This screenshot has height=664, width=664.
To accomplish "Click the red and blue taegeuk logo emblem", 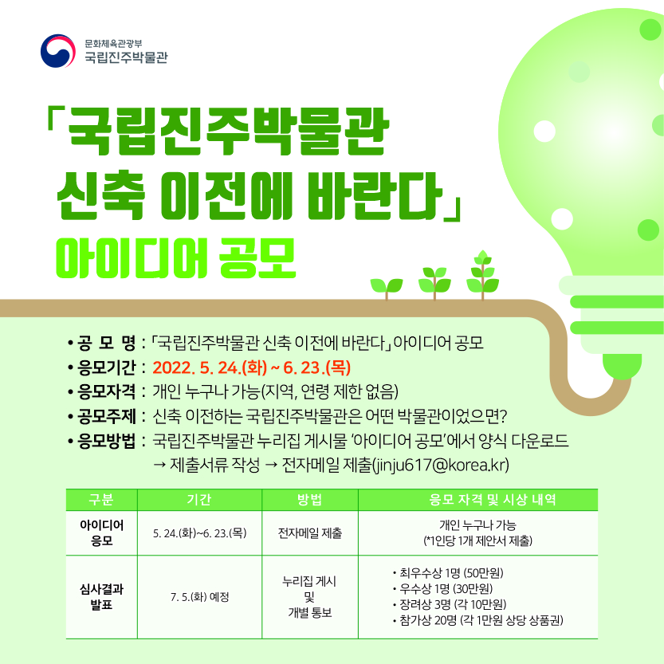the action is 58,51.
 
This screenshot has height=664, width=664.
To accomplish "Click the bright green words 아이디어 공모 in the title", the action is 175,259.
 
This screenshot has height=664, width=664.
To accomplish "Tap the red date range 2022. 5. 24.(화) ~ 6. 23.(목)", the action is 252,367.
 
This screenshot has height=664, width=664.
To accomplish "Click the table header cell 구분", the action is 101,500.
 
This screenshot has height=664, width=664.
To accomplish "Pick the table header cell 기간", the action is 199,500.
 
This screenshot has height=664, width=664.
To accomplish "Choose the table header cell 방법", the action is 309,500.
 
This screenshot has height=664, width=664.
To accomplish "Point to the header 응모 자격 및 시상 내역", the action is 492,500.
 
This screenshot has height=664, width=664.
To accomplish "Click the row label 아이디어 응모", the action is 102,532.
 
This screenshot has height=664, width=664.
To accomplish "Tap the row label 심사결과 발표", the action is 102,597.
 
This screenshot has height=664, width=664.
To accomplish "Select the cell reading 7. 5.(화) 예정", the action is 200,597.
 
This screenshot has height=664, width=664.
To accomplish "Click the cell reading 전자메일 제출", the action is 309,533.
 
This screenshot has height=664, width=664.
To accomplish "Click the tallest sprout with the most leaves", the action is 482,275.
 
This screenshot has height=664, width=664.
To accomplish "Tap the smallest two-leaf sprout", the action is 386,289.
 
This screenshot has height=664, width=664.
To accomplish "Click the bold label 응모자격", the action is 106,391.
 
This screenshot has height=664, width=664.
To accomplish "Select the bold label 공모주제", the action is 106,416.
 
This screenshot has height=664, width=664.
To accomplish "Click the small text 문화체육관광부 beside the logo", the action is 113,43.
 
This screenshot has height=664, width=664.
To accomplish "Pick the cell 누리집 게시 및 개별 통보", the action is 309,597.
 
